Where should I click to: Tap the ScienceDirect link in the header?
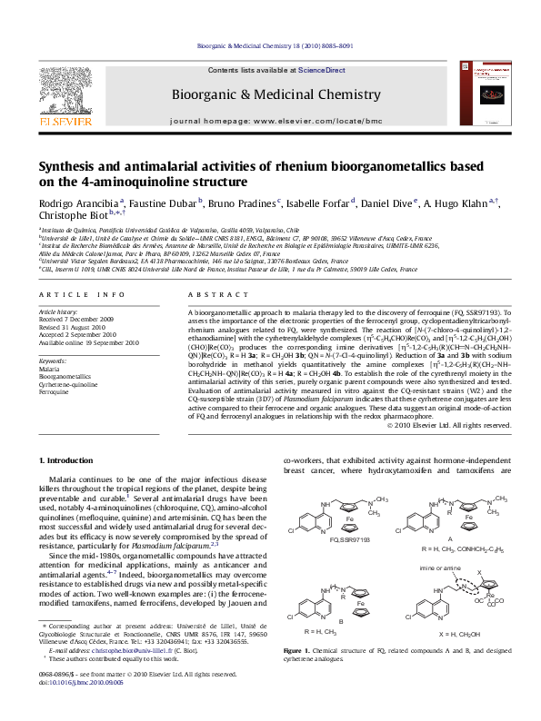pyautogui.click(x=322, y=70)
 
